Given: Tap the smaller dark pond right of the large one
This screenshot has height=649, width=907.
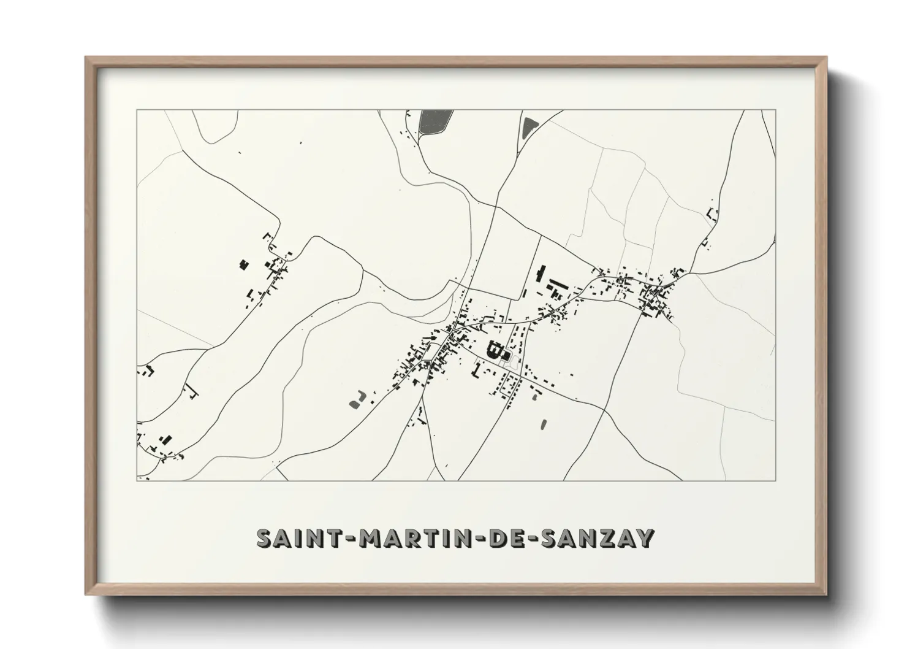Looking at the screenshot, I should coord(528,128).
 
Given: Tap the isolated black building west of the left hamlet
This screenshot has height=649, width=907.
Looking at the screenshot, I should coord(243,264).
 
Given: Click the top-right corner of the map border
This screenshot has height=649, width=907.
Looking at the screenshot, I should coord(776,110).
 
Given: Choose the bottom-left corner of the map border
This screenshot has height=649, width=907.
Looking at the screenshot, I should coord(137,480).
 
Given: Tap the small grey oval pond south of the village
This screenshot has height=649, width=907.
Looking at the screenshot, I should coord(543,423).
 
